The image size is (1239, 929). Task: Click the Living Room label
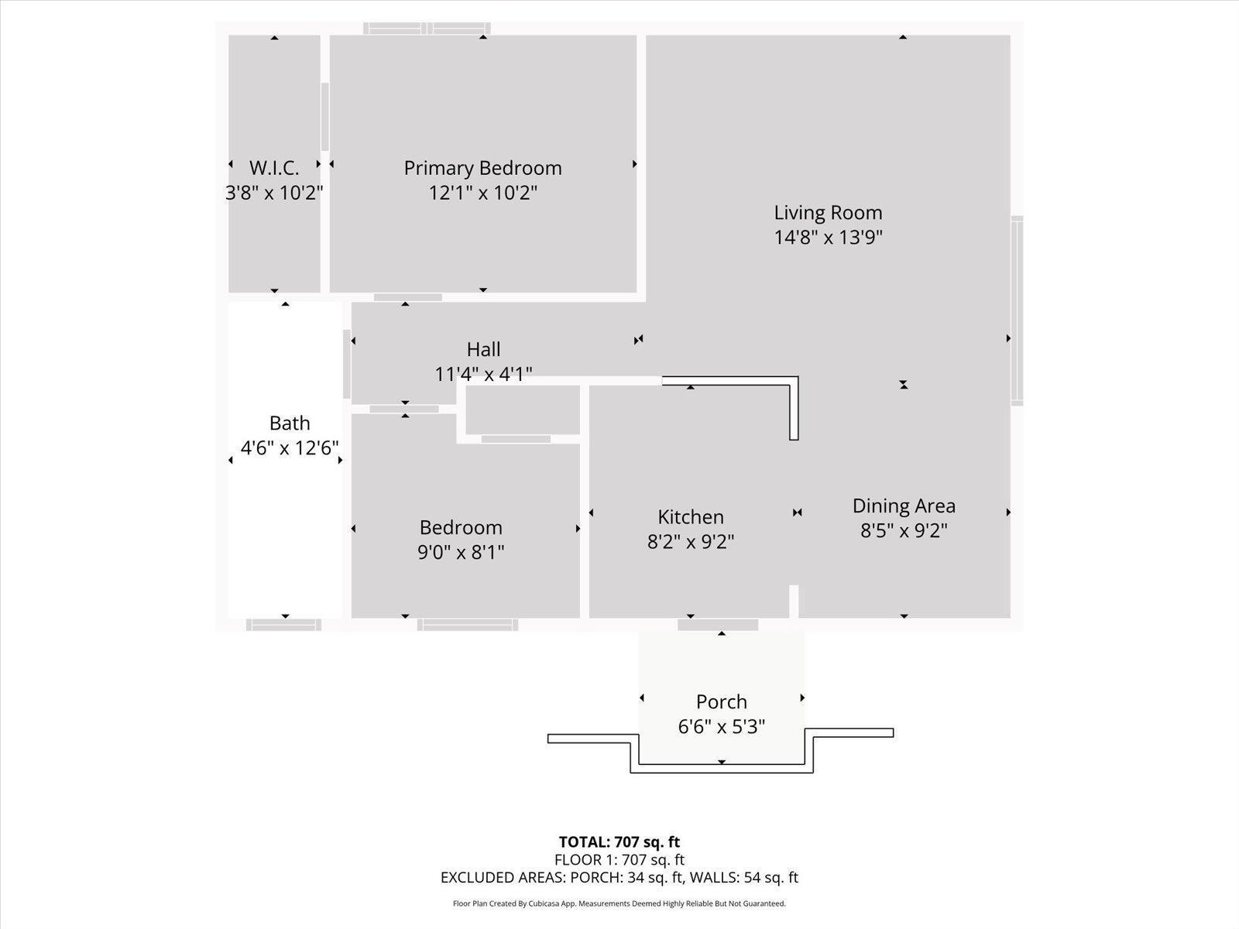[828, 212]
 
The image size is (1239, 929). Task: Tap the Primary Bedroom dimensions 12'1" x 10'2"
[482, 193]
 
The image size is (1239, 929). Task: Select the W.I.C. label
[274, 168]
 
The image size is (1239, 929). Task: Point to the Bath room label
[290, 423]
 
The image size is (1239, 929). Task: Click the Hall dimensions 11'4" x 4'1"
[483, 375]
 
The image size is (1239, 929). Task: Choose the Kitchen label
[691, 516]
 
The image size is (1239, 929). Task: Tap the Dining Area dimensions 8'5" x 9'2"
[904, 530]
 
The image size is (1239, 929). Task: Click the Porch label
[721, 701]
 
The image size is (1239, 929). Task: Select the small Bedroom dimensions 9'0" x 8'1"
[461, 552]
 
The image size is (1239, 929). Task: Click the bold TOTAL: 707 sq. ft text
[619, 842]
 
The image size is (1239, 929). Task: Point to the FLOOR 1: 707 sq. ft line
[619, 859]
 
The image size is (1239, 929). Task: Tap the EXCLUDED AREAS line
[619, 877]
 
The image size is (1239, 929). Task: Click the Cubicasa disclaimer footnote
[619, 903]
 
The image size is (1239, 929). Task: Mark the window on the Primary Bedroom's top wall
[427, 29]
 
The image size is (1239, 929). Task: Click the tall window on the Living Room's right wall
[1017, 310]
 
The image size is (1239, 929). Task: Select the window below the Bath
[283, 625]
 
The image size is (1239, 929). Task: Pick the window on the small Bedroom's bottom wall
[468, 625]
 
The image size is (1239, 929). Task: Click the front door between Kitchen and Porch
[718, 625]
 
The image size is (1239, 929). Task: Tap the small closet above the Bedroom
[523, 410]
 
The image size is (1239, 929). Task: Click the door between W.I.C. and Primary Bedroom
[325, 116]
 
